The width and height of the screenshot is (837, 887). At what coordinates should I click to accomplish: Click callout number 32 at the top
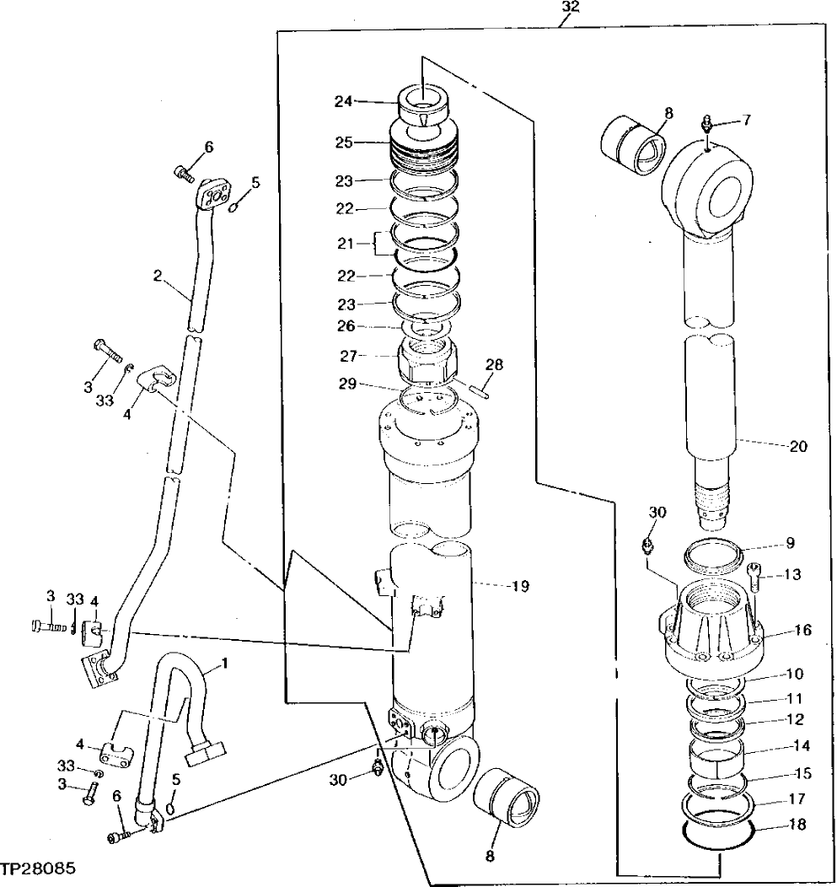pyautogui.click(x=571, y=7)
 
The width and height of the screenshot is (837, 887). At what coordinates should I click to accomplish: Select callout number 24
pyautogui.click(x=343, y=101)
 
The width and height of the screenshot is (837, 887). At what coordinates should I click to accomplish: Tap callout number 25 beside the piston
pyautogui.click(x=343, y=143)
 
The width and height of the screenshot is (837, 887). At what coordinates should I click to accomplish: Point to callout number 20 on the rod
pyautogui.click(x=797, y=446)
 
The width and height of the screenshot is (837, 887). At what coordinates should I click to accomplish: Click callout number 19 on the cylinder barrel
pyautogui.click(x=519, y=584)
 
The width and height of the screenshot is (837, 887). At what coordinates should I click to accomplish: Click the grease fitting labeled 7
pyautogui.click(x=707, y=123)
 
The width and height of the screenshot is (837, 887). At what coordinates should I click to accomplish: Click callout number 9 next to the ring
pyautogui.click(x=790, y=542)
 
